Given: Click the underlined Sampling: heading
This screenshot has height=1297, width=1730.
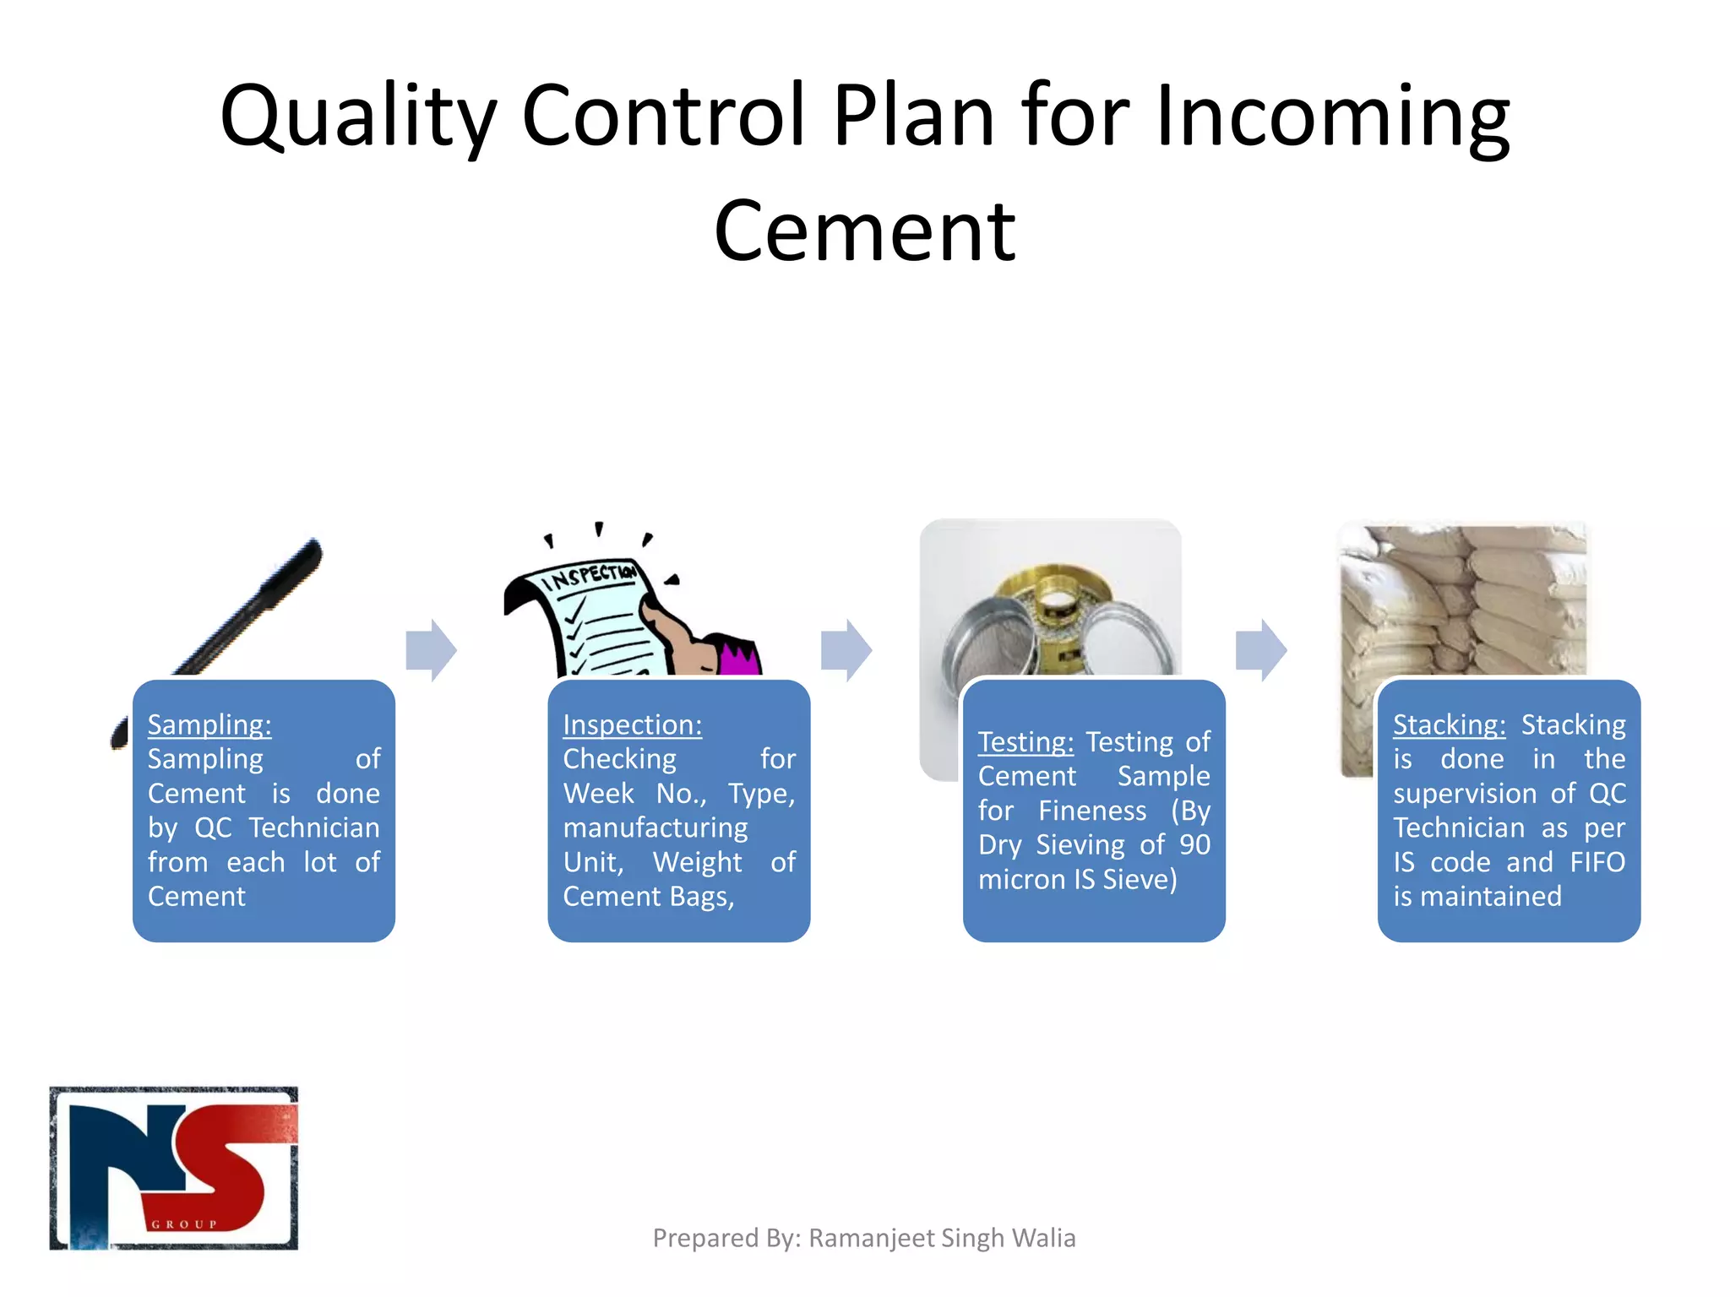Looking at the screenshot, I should tap(209, 724).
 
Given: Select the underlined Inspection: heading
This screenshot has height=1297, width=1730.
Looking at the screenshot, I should tap(632, 724).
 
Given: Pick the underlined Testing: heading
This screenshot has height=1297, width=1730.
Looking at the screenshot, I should tap(1025, 741).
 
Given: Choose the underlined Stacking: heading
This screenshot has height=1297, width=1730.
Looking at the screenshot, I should tap(1449, 724).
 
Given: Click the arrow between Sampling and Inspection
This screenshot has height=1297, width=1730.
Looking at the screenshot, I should tap(431, 649).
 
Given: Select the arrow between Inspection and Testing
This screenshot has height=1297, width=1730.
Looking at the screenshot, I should tap(846, 649).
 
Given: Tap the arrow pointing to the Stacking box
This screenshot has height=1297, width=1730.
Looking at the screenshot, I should tap(1261, 649).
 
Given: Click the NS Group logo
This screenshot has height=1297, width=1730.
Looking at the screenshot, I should tap(174, 1168).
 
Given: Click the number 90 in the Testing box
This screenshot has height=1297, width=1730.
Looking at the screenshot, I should tap(1194, 844).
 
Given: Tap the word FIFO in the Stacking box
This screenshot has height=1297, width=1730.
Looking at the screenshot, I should tap(1597, 862).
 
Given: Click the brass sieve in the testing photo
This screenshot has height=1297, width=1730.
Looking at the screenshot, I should tap(1056, 604).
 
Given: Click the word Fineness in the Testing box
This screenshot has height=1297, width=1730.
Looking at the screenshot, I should tap(1092, 811).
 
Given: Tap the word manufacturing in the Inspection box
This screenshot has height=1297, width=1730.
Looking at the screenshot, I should tap(656, 828).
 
